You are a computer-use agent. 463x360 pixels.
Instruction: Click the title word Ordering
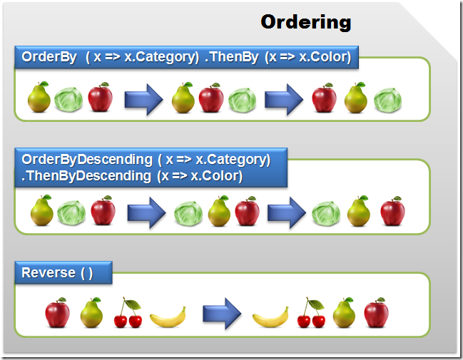305,22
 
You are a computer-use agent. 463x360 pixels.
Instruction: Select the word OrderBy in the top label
49,58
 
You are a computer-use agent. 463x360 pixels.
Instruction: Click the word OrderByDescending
87,159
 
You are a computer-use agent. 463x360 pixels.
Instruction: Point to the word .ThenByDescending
87,175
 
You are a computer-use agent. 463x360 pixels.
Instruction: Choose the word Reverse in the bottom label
49,272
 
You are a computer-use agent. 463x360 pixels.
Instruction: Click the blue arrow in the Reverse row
222,313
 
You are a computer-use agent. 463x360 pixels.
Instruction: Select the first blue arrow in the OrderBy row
144,99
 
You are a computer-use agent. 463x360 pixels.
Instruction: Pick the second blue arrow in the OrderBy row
285,99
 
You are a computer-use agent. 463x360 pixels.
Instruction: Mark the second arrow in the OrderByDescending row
288,212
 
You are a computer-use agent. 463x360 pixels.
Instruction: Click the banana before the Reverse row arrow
168,316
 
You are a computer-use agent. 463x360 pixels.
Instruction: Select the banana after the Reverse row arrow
270,316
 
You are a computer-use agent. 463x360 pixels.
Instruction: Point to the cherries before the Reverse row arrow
129,313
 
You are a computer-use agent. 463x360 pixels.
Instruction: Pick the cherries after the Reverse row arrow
310,313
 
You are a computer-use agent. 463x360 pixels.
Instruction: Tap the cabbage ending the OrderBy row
387,100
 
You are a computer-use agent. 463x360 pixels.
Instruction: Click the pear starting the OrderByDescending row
41,212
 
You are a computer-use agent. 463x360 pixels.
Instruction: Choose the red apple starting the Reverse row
56,313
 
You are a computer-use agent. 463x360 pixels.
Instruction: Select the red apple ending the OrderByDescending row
392,212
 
